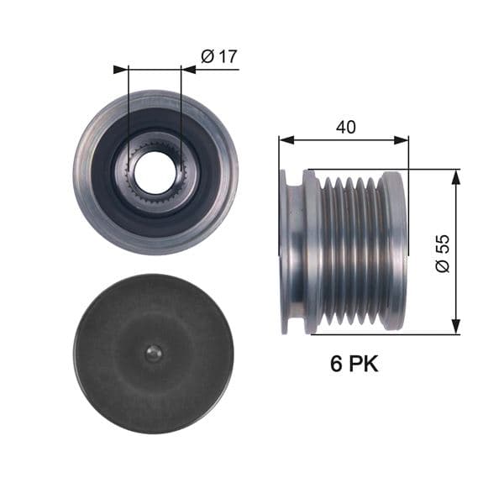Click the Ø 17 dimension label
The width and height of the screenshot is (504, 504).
pyautogui.click(x=220, y=57)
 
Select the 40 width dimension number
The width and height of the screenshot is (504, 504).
pyautogui.click(x=345, y=127)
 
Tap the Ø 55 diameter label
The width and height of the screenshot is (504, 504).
pyautogui.click(x=443, y=252)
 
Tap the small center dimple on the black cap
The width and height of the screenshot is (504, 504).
pyautogui.click(x=152, y=354)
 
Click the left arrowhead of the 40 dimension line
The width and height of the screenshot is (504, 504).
pyautogui.click(x=285, y=140)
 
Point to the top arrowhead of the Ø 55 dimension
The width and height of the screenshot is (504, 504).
pyautogui.click(x=455, y=176)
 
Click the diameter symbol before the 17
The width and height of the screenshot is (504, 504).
pyautogui.click(x=207, y=57)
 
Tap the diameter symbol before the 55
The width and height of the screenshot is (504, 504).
pyautogui.click(x=443, y=265)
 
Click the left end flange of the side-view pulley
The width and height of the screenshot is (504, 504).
pyautogui.click(x=291, y=252)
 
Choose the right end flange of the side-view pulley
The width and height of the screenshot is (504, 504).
pyautogui.click(x=393, y=252)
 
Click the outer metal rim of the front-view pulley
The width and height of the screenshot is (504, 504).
pyautogui.click(x=84, y=172)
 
